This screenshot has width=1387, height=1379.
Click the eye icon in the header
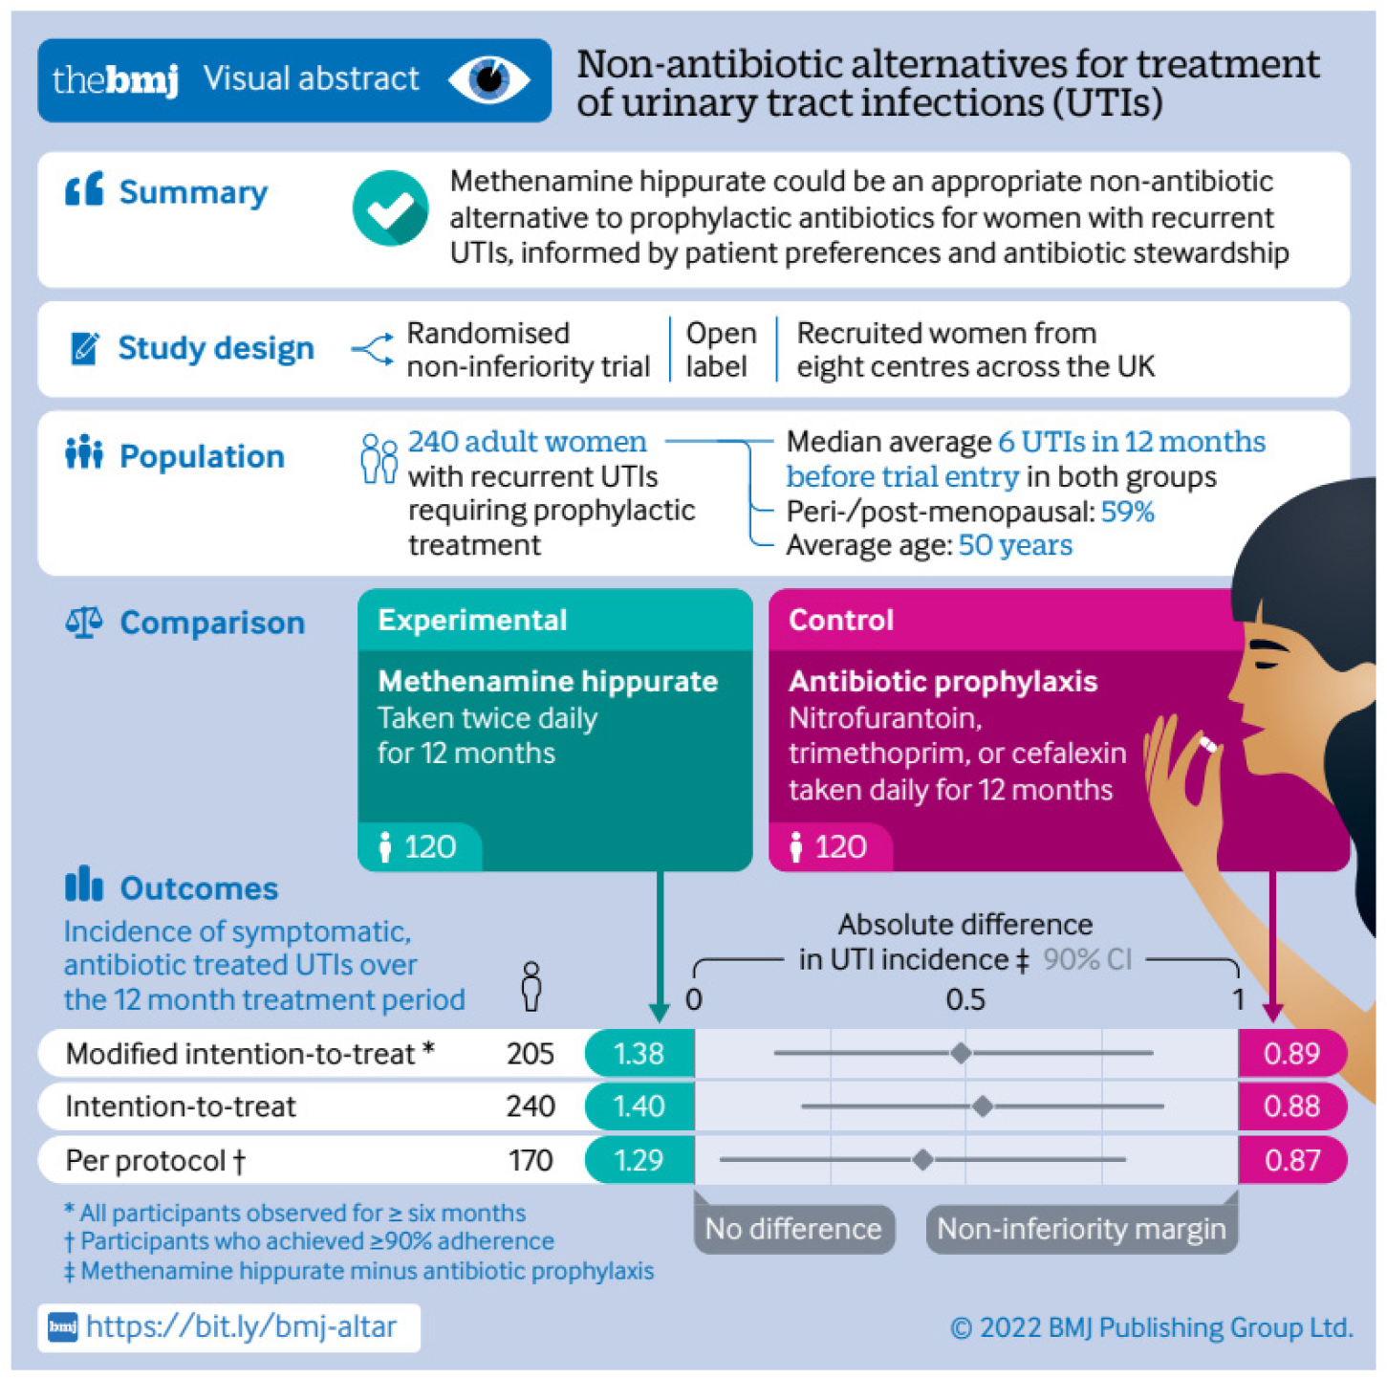(489, 79)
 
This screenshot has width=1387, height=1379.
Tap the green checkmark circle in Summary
(390, 208)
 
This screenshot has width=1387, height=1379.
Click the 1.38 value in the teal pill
(639, 1053)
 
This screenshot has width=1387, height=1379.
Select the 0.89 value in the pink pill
(1291, 1053)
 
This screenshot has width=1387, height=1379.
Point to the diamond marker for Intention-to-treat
(982, 1106)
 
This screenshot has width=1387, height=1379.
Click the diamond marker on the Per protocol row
(922, 1160)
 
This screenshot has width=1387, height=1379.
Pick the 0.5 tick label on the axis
(965, 999)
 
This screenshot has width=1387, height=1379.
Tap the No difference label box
(793, 1229)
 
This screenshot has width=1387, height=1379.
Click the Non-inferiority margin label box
(1081, 1229)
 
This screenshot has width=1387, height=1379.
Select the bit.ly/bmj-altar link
(241, 1327)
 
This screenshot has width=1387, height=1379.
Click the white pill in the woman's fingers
(1208, 744)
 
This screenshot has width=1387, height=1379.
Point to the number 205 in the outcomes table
(531, 1053)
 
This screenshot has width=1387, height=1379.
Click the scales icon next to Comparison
(84, 623)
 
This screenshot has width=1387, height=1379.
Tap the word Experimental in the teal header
(472, 620)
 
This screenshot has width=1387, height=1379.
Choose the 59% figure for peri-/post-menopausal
(1128, 512)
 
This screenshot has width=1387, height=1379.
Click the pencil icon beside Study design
(84, 348)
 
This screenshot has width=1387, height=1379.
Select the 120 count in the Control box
(840, 846)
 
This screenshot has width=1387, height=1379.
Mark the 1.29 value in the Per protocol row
(639, 1160)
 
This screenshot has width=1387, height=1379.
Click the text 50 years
(1015, 545)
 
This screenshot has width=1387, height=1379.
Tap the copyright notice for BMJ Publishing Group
(1152, 1327)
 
